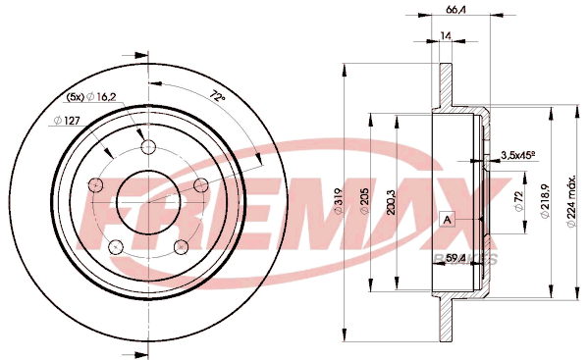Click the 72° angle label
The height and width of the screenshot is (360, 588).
coord(217,95)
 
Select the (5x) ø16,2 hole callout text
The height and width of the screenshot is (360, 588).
coord(91,97)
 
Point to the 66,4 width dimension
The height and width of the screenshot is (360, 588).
coord(455,10)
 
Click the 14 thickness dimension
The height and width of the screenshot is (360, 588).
coord(445,35)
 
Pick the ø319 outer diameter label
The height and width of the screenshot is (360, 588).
coord(339,201)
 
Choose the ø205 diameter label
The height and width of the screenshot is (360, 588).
coord(364,201)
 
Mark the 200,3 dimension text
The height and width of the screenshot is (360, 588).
coord(391,202)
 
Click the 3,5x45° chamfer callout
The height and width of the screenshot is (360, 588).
coord(518,155)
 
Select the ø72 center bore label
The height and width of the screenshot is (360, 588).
coord(519,201)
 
